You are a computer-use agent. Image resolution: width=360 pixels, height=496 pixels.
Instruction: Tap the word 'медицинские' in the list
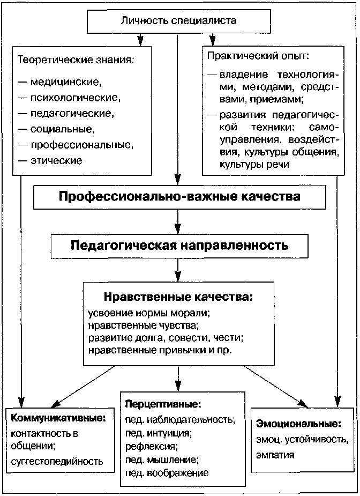65,83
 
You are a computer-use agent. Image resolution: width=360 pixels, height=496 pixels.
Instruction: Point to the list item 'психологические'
75,98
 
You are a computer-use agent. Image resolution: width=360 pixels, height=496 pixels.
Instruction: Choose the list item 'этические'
56,160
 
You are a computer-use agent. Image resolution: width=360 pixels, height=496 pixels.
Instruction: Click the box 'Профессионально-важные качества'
179,196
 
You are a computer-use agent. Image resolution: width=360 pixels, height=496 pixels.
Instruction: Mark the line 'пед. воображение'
167,473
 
